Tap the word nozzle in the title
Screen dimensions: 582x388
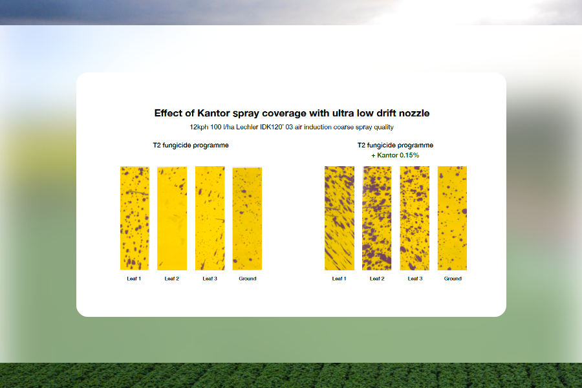point(415,113)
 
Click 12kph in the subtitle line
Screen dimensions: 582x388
point(199,127)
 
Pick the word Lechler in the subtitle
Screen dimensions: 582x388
point(247,127)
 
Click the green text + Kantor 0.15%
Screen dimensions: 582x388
point(395,155)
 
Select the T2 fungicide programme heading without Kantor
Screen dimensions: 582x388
point(191,145)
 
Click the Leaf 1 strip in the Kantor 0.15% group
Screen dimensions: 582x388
point(339,218)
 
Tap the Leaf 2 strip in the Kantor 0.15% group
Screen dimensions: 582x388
point(377,218)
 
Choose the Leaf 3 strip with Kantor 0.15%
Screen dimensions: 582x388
point(415,218)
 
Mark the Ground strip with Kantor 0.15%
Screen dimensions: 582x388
point(452,218)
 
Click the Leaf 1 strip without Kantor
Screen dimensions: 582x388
point(135,218)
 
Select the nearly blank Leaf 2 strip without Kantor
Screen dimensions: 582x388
point(172,219)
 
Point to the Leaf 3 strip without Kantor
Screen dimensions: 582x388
point(210,218)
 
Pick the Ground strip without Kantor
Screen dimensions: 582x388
point(247,219)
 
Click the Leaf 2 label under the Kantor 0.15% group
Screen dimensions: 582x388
point(377,279)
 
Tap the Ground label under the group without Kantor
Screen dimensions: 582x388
point(248,279)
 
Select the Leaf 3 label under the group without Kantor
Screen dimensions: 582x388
point(210,279)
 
